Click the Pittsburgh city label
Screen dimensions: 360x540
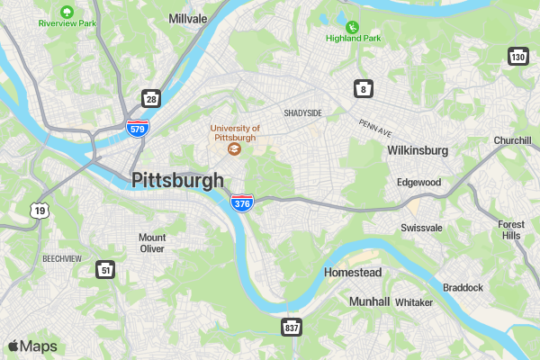point(177,180)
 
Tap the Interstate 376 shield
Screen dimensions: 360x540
point(241,203)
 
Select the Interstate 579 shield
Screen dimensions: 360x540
point(137,128)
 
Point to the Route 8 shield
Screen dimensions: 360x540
point(362,88)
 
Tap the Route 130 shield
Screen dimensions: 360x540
point(517,56)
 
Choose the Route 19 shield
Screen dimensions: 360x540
point(38,211)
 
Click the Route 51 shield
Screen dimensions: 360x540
point(106,269)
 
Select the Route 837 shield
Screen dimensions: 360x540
point(291,327)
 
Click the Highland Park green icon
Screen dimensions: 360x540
point(353,27)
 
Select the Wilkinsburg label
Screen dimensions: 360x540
point(418,150)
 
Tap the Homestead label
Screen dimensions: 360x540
point(353,272)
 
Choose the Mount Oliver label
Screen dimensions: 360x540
point(152,243)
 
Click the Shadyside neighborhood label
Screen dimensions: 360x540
point(302,113)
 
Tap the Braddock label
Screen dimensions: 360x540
point(463,287)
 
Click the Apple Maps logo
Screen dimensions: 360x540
point(32,346)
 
